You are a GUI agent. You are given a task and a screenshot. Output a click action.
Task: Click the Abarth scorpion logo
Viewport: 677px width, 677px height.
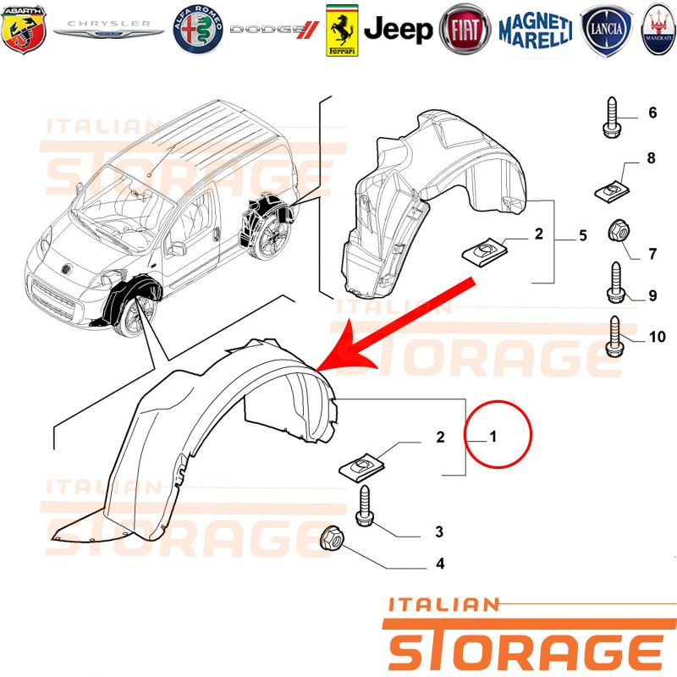[x=24, y=30]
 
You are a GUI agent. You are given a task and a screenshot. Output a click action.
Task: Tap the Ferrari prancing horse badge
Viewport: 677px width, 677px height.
[x=342, y=30]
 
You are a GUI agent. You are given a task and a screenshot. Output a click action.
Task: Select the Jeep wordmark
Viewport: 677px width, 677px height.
[x=398, y=30]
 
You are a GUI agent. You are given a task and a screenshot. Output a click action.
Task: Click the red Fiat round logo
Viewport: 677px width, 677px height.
[x=465, y=30]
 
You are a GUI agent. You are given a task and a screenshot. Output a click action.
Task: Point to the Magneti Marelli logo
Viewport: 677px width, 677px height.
[x=536, y=30]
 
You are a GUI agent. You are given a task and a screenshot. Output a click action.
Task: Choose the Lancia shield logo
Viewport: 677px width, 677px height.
[x=606, y=30]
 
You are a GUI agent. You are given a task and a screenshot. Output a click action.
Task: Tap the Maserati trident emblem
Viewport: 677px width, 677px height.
[x=659, y=30]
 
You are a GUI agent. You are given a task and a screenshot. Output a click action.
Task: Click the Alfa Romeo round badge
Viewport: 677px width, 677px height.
[x=198, y=30]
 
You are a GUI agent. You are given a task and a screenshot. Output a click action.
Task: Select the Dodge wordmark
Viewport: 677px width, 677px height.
[x=274, y=30]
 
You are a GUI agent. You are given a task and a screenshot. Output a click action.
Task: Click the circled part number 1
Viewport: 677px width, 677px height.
[x=493, y=436]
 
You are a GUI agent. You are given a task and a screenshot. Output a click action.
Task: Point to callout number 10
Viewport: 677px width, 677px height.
[x=658, y=337]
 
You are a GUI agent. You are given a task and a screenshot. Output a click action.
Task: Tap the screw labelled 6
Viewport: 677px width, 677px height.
[x=612, y=117]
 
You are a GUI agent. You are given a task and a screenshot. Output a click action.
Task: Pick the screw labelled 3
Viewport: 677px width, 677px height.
[x=366, y=505]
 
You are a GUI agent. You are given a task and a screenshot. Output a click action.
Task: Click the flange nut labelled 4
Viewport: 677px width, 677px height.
[x=332, y=537]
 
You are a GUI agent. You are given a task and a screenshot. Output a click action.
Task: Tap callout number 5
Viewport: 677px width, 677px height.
[x=583, y=235]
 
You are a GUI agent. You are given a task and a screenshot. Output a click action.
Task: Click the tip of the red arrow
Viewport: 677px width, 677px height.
[x=316, y=371]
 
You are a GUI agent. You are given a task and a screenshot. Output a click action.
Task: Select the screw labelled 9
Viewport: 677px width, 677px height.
[x=616, y=283]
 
